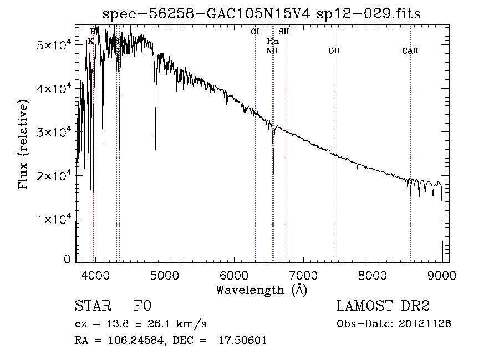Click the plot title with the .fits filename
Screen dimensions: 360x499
pos(262,14)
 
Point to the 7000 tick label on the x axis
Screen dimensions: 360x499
pos(303,275)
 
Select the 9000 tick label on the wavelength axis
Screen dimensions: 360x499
pos(442,275)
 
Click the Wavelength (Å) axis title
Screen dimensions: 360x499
pos(261,290)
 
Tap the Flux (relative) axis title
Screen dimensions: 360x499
pos(24,145)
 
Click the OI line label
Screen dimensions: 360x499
pos(255,32)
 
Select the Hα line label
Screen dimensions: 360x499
pos(272,41)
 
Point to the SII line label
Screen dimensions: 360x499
pos(284,32)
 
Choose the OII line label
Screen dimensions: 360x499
pos(334,51)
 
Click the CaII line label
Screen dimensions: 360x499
pos(410,51)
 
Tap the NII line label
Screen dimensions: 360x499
pos(272,51)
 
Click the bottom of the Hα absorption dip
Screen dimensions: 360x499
pos(273,174)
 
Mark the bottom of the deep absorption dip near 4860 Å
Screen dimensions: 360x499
pos(155,149)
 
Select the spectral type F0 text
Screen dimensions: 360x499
pos(142,306)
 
